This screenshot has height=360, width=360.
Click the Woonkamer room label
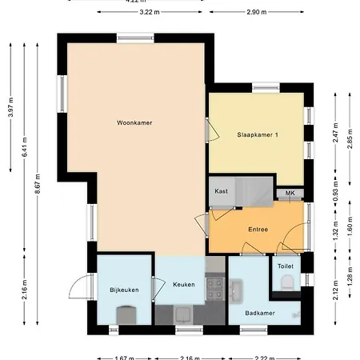pos(134,122)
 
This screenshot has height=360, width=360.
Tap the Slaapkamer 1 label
pos(258,134)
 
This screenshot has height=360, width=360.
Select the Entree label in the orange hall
pos(258,230)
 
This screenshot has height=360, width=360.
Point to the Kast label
pos(222,192)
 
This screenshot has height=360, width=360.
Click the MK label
pos(290,193)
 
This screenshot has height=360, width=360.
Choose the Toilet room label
pos(286,266)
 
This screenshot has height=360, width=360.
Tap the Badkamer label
pos(260,313)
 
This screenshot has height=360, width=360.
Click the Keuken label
pos(183,284)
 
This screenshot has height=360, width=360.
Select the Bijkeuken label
pos(125,290)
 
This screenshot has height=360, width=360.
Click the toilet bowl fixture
pos(287,282)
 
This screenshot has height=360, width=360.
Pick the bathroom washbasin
pos(236,286)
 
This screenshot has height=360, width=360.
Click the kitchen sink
pos(182,312)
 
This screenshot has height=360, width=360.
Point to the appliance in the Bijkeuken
pos(124,314)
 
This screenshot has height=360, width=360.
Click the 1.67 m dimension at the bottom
pos(124,357)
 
